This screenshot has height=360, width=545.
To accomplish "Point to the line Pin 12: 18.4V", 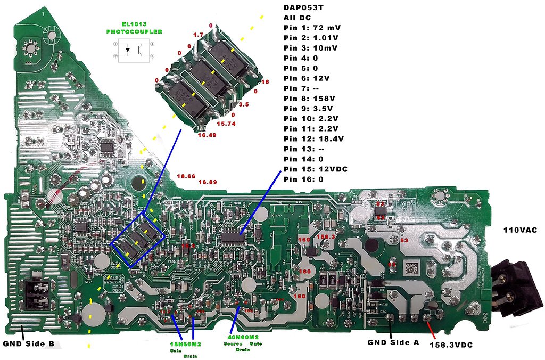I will pyautogui.click(x=313, y=138).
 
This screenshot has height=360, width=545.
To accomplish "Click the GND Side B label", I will pyautogui.click(x=28, y=343).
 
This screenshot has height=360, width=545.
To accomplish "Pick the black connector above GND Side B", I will pyautogui.click(x=38, y=294).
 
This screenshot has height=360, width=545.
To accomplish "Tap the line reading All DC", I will pyautogui.click(x=296, y=17).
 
